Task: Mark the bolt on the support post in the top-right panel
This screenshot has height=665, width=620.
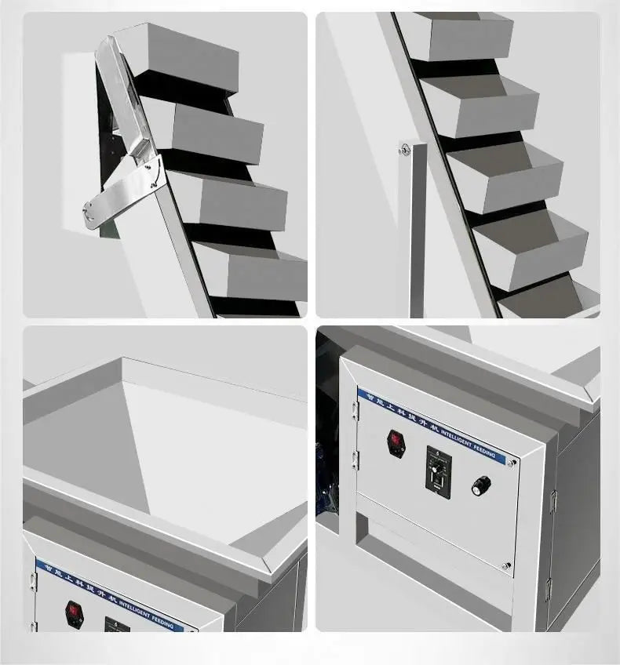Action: pos(405,149)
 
